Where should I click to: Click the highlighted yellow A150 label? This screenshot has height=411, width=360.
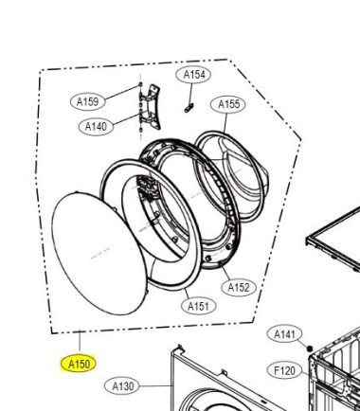[78, 364]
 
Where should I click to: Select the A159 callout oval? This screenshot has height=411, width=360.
[87, 101]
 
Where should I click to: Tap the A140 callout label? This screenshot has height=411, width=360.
[96, 127]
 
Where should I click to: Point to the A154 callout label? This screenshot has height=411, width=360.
[194, 75]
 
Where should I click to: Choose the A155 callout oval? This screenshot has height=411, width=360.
[229, 104]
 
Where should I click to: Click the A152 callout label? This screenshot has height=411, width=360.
[239, 288]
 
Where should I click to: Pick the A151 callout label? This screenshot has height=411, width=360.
[198, 306]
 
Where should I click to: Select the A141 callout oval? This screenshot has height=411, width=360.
[284, 334]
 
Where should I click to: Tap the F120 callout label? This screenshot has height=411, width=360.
[284, 370]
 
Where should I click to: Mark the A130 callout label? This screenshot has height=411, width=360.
[122, 385]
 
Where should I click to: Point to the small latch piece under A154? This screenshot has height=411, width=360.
[189, 108]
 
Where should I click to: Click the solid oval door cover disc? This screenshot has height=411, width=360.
[99, 253]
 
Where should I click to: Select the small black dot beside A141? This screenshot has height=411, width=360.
[310, 348]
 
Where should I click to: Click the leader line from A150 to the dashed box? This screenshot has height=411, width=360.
[80, 342]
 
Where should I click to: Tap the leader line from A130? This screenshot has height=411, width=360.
[156, 385]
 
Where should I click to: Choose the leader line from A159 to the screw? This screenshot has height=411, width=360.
[122, 92]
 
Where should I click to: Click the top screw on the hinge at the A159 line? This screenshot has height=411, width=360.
[140, 84]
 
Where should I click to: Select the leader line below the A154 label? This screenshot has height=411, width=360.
[191, 93]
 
